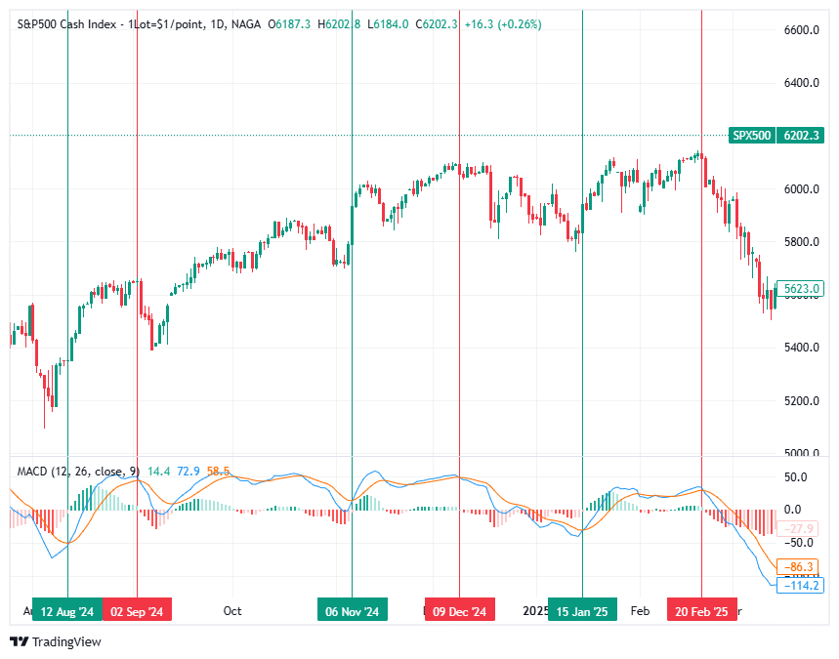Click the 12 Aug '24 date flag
67,611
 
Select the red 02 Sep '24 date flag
137,611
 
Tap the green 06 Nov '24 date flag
353,611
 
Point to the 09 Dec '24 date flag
459,611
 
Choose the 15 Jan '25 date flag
582,611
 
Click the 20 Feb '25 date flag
701,611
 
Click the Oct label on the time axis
232,611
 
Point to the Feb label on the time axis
641,611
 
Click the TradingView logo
56,641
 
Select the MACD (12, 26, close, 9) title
78,472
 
